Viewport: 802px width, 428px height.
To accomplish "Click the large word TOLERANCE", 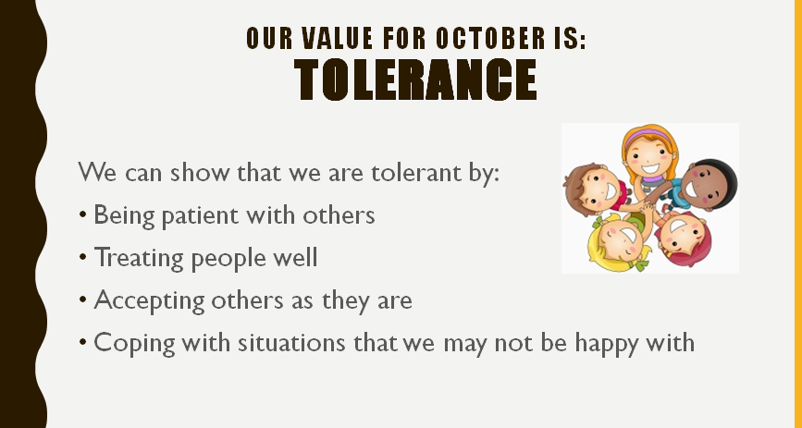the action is (x=414, y=79).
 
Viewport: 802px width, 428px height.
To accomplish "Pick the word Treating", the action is (x=139, y=258).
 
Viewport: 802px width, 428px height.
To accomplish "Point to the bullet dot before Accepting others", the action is (x=83, y=300).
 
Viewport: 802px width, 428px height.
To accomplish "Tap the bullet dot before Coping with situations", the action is (x=83, y=343).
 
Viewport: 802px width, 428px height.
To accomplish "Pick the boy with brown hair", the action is (x=593, y=188).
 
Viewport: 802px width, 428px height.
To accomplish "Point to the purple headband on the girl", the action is (x=648, y=136).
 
